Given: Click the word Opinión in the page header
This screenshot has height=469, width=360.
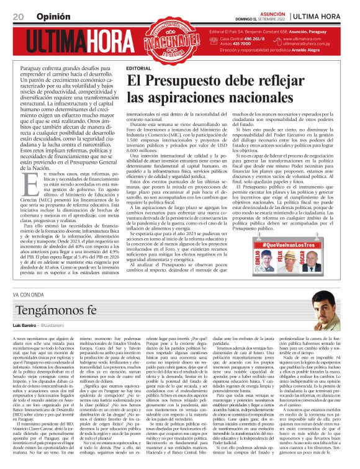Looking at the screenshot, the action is [53, 16].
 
